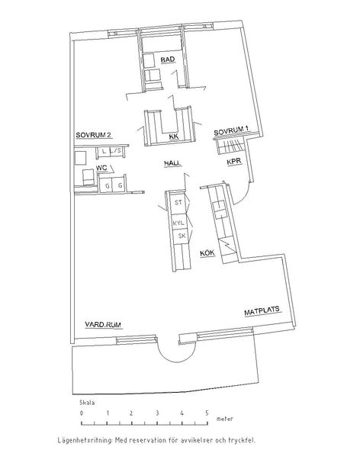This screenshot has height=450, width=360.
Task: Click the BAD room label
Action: click(x=168, y=59)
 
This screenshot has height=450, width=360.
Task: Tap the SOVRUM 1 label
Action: click(x=231, y=131)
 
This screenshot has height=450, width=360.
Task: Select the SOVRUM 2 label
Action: click(x=94, y=135)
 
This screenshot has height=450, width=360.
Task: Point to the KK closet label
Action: click(x=174, y=137)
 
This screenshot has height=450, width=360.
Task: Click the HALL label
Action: click(x=173, y=163)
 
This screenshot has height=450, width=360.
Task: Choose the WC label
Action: click(x=101, y=168)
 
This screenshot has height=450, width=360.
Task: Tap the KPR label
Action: click(x=234, y=162)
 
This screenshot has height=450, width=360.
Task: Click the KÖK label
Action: click(x=207, y=252)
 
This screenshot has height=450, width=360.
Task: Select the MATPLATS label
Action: click(x=262, y=311)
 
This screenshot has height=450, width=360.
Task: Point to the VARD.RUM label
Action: click(x=103, y=325)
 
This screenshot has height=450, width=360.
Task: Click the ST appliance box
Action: click(x=178, y=203)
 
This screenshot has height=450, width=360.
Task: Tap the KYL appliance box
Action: click(x=178, y=222)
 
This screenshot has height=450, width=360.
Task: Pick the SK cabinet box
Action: click(x=182, y=236)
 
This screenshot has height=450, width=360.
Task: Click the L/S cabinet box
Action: click(x=116, y=151)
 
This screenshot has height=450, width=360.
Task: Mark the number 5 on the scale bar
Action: click(x=207, y=413)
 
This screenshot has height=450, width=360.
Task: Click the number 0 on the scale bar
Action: click(x=82, y=413)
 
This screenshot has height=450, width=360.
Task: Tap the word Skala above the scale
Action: click(x=87, y=403)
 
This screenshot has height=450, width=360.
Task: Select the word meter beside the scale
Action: click(x=225, y=419)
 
